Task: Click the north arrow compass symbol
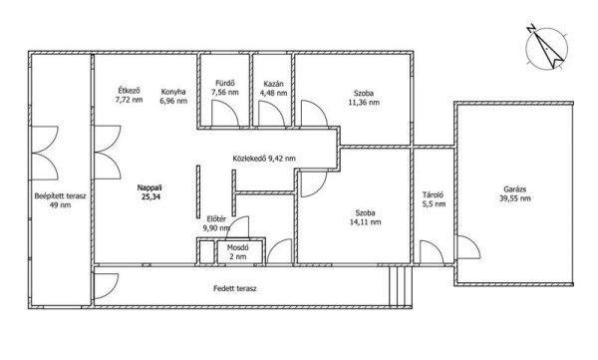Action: click(546, 48)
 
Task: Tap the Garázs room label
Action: click(515, 188)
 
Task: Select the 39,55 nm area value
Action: click(515, 198)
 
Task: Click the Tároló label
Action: click(433, 194)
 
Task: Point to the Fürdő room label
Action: click(225, 83)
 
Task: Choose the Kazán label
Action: click(273, 84)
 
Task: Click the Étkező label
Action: click(129, 91)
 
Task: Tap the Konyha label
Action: click(173, 92)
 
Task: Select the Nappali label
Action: click(149, 187)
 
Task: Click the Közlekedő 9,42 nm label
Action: click(264, 158)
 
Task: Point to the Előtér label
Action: click(216, 219)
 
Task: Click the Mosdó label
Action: click(237, 247)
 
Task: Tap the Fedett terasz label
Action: click(235, 288)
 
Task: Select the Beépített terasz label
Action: click(60, 196)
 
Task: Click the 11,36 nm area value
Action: click(364, 102)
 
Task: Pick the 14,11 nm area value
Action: click(365, 221)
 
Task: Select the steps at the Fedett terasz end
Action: click(401, 286)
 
